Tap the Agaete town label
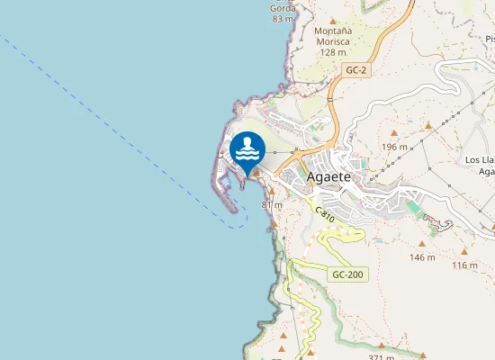[334, 177]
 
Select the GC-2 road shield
[356, 68]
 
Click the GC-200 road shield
[347, 274]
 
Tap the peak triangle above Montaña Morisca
[333, 21]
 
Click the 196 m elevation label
[394, 147]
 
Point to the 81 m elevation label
[272, 205]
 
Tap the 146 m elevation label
[422, 257]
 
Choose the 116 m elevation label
[464, 265]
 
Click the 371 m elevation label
[381, 357]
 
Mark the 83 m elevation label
[283, 19]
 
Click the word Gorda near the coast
[282, 7]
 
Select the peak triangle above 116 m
[463, 252]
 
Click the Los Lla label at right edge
[480, 159]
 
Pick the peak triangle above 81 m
[271, 192]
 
